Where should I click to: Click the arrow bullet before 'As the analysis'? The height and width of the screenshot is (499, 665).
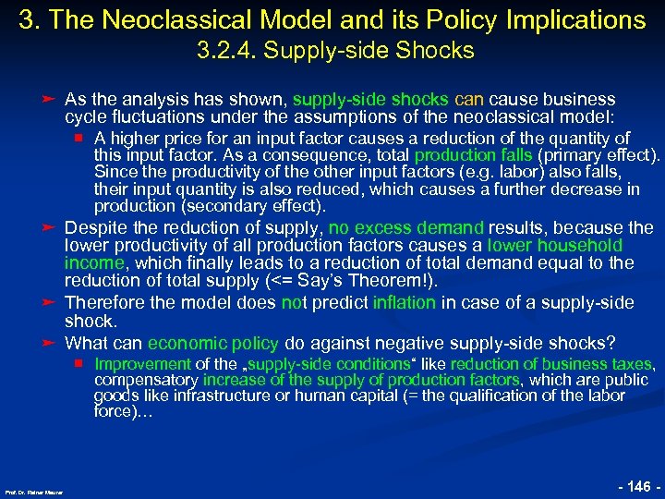point(49,99)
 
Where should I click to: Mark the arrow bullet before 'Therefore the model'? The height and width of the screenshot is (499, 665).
point(49,302)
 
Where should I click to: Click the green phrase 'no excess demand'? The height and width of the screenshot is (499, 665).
point(406,227)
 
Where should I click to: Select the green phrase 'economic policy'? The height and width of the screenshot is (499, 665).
point(212,342)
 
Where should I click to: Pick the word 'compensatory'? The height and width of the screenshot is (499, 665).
point(146,380)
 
